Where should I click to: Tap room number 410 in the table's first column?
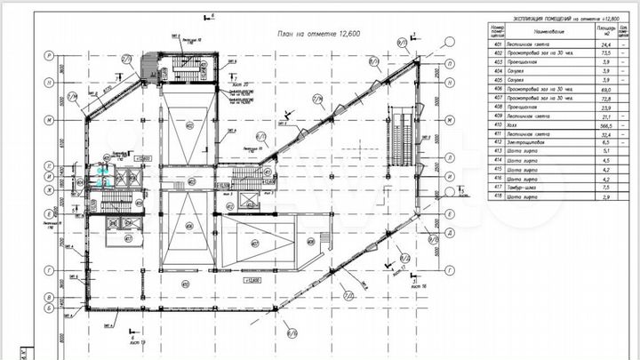pyautogui.click(x=499, y=125)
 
